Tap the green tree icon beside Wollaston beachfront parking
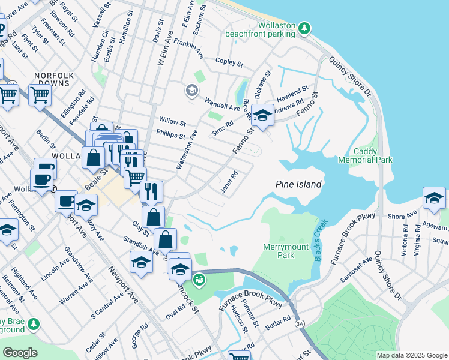click(x=305, y=27)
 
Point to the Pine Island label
click(x=298, y=184)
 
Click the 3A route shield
click(x=300, y=325)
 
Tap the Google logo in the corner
click(x=20, y=352)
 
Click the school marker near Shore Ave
click(x=434, y=199)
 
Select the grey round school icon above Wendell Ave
click(x=191, y=91)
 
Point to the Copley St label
click(x=229, y=62)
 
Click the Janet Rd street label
click(x=230, y=182)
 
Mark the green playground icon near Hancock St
click(x=197, y=279)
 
